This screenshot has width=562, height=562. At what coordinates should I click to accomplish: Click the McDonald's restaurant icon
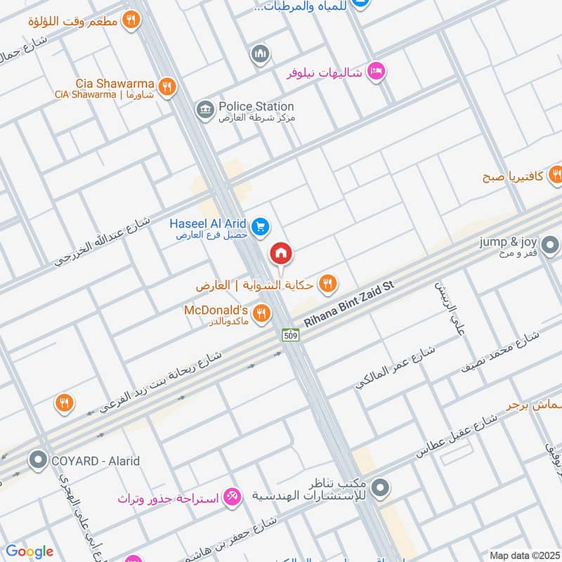[x=261, y=313]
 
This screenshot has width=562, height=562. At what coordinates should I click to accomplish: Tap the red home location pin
[x=281, y=253]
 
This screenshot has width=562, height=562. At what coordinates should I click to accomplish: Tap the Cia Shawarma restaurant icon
[x=166, y=86]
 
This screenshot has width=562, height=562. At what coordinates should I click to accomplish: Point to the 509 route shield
[x=291, y=336]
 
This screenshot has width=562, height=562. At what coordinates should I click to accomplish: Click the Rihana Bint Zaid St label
[x=351, y=303]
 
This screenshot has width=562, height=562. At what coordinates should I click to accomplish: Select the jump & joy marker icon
[x=551, y=245]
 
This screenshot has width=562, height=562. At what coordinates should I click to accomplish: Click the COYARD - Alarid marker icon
[x=37, y=461]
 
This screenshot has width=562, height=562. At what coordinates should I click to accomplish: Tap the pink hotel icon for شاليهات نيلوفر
[x=377, y=71]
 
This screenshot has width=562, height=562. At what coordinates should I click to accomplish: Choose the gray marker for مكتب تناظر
[x=380, y=486]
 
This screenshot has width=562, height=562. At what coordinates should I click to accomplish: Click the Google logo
[x=29, y=551]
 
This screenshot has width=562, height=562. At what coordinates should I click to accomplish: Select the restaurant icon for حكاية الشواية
[x=327, y=284]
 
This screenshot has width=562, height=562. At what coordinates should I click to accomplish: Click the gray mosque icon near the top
[x=261, y=53]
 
